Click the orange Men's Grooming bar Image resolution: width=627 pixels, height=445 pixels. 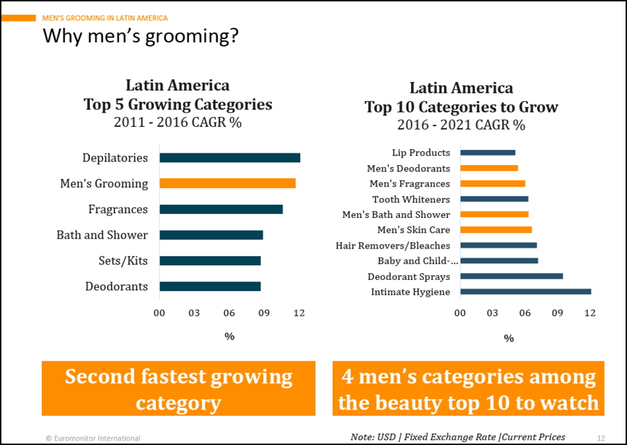pyautogui.click(x=227, y=184)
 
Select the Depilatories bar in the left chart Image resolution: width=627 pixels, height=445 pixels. pyautogui.click(x=230, y=158)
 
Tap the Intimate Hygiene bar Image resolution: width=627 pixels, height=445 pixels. pyautogui.click(x=525, y=292)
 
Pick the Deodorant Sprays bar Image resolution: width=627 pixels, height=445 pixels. pyautogui.click(x=511, y=276)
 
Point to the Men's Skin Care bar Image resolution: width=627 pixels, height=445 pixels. pyautogui.click(x=495, y=230)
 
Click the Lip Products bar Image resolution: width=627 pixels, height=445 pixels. pyautogui.click(x=487, y=153)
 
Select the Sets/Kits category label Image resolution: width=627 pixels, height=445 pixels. pyautogui.click(x=123, y=261)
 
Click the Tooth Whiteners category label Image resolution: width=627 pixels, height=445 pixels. pyautogui.click(x=411, y=200)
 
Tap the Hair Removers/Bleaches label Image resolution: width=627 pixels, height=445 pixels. pyautogui.click(x=393, y=246)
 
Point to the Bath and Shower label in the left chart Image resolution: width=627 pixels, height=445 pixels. pyautogui.click(x=102, y=235)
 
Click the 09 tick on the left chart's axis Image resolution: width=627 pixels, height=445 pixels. pyautogui.click(x=264, y=313)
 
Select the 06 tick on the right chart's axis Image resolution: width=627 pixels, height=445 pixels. pyautogui.click(x=525, y=313)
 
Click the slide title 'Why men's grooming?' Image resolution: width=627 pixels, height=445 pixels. pyautogui.click(x=141, y=36)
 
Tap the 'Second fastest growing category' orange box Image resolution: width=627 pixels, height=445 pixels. pyautogui.click(x=178, y=389)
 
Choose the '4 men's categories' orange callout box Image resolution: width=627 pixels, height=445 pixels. pyautogui.click(x=468, y=389)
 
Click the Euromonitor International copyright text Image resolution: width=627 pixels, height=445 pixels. pyautogui.click(x=93, y=438)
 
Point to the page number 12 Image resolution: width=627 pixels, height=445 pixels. pyautogui.click(x=601, y=438)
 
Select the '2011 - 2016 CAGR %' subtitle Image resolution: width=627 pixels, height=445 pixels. pyautogui.click(x=178, y=123)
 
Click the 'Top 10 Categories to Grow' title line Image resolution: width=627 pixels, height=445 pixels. pyautogui.click(x=461, y=107)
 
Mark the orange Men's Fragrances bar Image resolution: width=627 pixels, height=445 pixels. pyautogui.click(x=492, y=184)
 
